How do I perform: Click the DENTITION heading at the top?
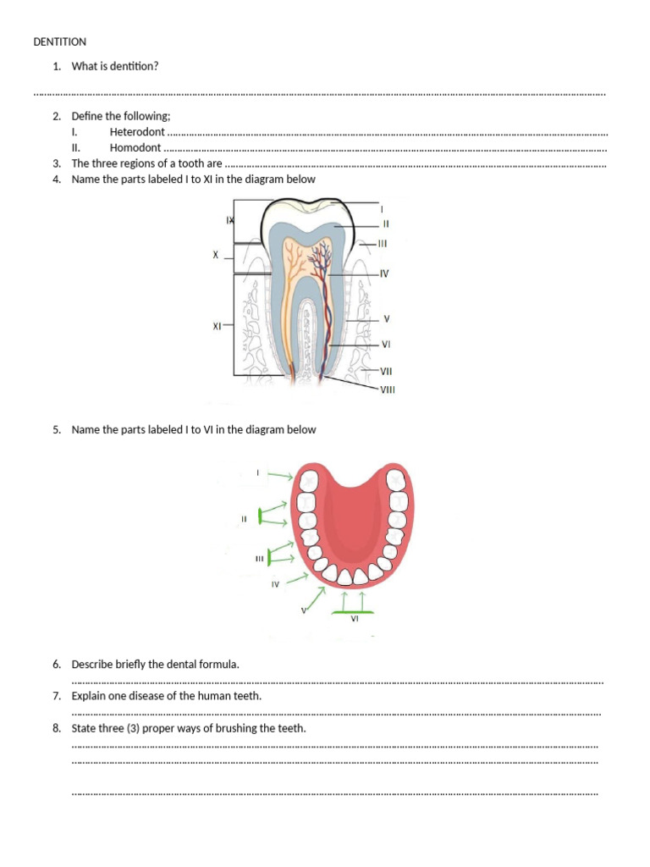(59, 41)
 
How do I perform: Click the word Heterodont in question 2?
(137, 132)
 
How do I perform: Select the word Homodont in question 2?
(135, 147)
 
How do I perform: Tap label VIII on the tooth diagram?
(388, 389)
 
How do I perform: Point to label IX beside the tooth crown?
(229, 220)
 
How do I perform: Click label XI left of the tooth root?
(218, 325)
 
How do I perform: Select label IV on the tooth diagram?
(384, 273)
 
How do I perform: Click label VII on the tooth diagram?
(386, 371)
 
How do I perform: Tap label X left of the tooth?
(215, 254)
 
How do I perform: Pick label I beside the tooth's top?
(383, 207)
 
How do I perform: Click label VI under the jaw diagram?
(355, 619)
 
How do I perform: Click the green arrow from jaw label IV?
(298, 579)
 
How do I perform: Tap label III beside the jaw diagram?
(260, 559)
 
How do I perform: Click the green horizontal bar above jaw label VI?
(355, 611)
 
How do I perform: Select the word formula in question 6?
(220, 665)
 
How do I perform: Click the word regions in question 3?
(140, 163)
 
